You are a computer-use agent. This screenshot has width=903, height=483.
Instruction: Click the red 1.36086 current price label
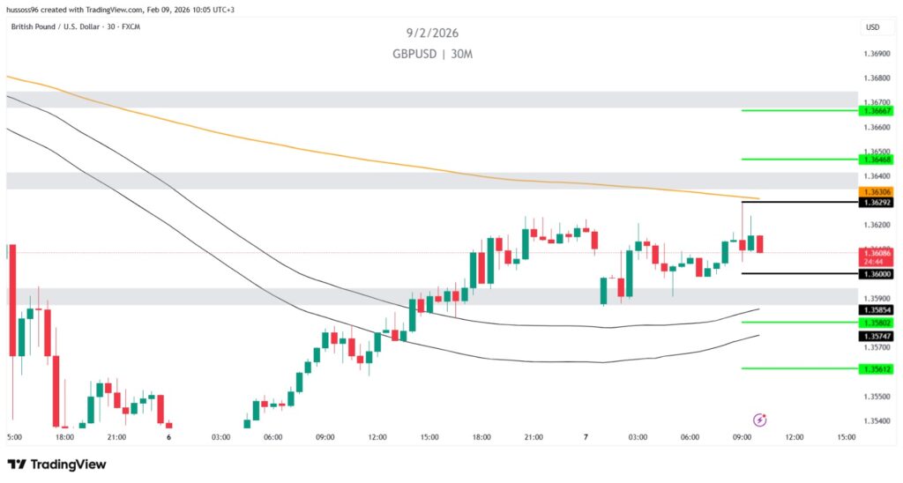click(x=874, y=253)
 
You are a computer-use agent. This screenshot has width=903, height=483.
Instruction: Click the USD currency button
click(x=873, y=27)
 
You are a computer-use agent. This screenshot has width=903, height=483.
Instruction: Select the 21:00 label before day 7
click(x=534, y=437)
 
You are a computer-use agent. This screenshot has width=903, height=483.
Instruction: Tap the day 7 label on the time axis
click(x=586, y=437)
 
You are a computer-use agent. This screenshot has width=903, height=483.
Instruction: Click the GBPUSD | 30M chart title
click(x=433, y=54)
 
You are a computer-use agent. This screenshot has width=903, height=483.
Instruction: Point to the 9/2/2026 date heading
click(x=433, y=33)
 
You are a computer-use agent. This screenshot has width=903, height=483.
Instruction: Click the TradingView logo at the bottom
click(x=56, y=464)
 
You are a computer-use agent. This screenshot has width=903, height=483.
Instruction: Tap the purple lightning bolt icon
click(x=759, y=420)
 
